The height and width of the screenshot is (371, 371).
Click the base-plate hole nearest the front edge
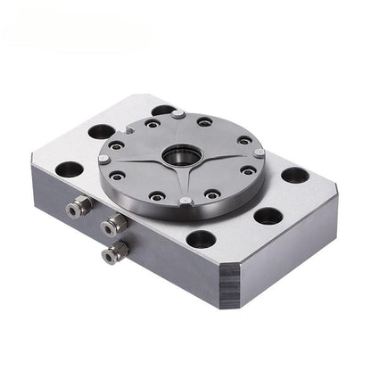[x=202, y=238]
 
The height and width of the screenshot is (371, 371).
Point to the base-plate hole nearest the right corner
[x=295, y=175]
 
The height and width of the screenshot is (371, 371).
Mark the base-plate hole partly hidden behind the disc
[x=163, y=111]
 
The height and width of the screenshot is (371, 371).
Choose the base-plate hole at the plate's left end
[x=69, y=169]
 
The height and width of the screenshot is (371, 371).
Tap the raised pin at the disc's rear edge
[x=179, y=114]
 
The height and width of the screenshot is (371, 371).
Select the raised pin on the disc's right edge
[x=259, y=153]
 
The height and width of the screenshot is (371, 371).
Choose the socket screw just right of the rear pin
[x=205, y=121]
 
